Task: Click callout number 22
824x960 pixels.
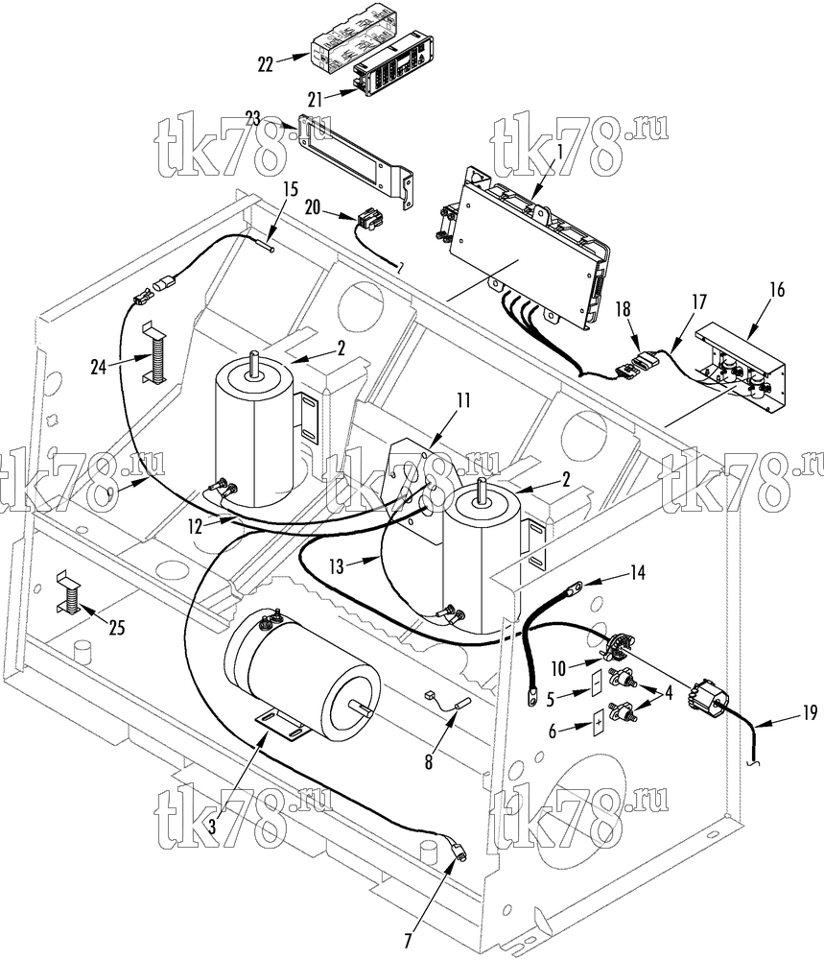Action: point(265,63)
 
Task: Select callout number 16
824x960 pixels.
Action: point(777,289)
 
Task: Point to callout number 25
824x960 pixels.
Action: point(116,628)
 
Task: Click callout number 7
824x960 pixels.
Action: point(409,940)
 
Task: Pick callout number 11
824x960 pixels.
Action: point(463,401)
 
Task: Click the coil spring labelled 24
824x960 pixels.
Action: point(154,354)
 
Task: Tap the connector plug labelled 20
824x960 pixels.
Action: point(368,218)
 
